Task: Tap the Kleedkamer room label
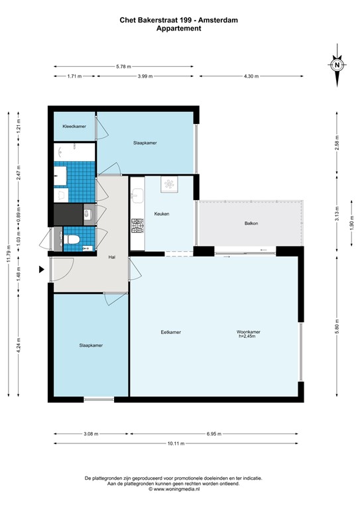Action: pyautogui.click(x=74, y=126)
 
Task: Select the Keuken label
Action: pyautogui.click(x=162, y=214)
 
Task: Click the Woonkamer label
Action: pyautogui.click(x=248, y=331)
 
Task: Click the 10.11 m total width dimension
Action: pyautogui.click(x=179, y=443)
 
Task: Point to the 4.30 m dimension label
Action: pyautogui.click(x=250, y=76)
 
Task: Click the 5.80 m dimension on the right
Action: pyautogui.click(x=337, y=328)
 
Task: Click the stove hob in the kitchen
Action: pyautogui.click(x=138, y=227)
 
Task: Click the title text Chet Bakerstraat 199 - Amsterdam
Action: pyautogui.click(x=179, y=21)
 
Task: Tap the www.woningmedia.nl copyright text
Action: pyautogui.click(x=179, y=489)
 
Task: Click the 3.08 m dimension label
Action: pyautogui.click(x=91, y=434)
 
